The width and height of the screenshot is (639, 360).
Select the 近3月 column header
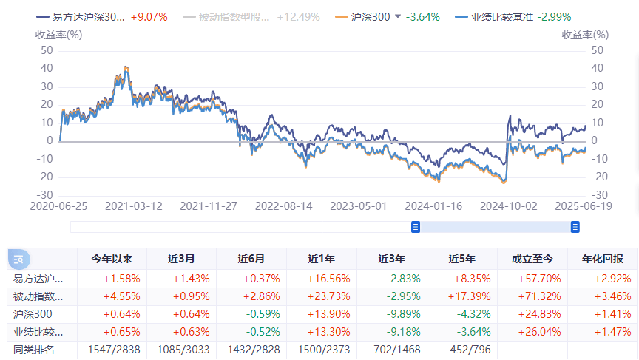tap(181, 259)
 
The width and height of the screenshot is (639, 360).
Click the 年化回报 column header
tap(602, 259)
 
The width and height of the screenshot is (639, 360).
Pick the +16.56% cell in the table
tap(322, 279)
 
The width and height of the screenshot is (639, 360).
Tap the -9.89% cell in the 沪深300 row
tap(391, 314)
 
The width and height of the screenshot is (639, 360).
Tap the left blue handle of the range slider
tap(416, 227)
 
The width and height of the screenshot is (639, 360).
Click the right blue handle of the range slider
tap(575, 227)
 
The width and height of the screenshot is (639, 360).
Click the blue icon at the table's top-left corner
tap(18, 259)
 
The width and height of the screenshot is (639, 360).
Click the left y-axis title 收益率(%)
tap(58, 34)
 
